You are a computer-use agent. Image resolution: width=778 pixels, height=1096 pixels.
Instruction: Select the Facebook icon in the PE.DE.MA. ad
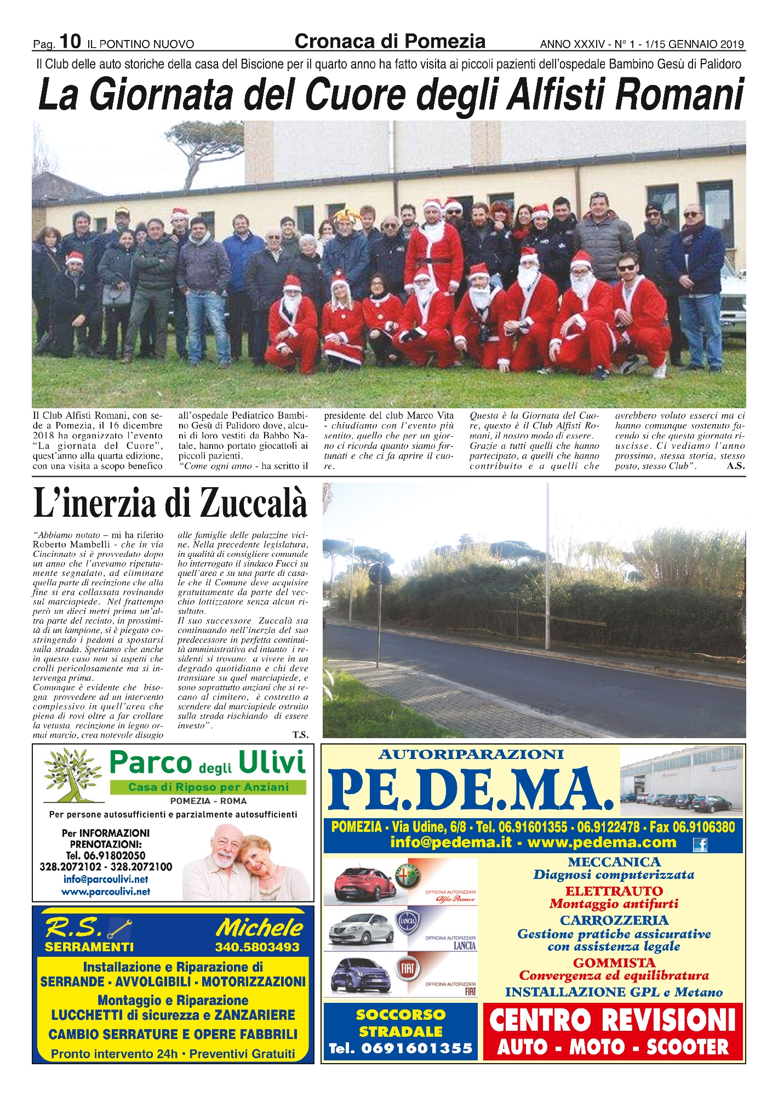700,844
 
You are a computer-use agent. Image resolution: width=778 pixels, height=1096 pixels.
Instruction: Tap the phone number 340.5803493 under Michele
257,947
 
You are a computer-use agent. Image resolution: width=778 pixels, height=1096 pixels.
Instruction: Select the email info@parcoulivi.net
106,879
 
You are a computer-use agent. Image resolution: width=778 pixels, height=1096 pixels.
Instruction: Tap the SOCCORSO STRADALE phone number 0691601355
401,1048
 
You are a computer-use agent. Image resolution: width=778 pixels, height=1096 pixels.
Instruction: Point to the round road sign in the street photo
380,574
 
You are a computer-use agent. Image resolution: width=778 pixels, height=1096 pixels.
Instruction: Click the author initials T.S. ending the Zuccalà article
300,735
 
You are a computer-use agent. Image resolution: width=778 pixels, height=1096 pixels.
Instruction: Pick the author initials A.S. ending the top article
735,466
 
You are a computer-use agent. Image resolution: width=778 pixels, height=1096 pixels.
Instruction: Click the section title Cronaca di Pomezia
390,41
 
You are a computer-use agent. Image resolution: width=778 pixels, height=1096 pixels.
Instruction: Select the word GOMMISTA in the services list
614,963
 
